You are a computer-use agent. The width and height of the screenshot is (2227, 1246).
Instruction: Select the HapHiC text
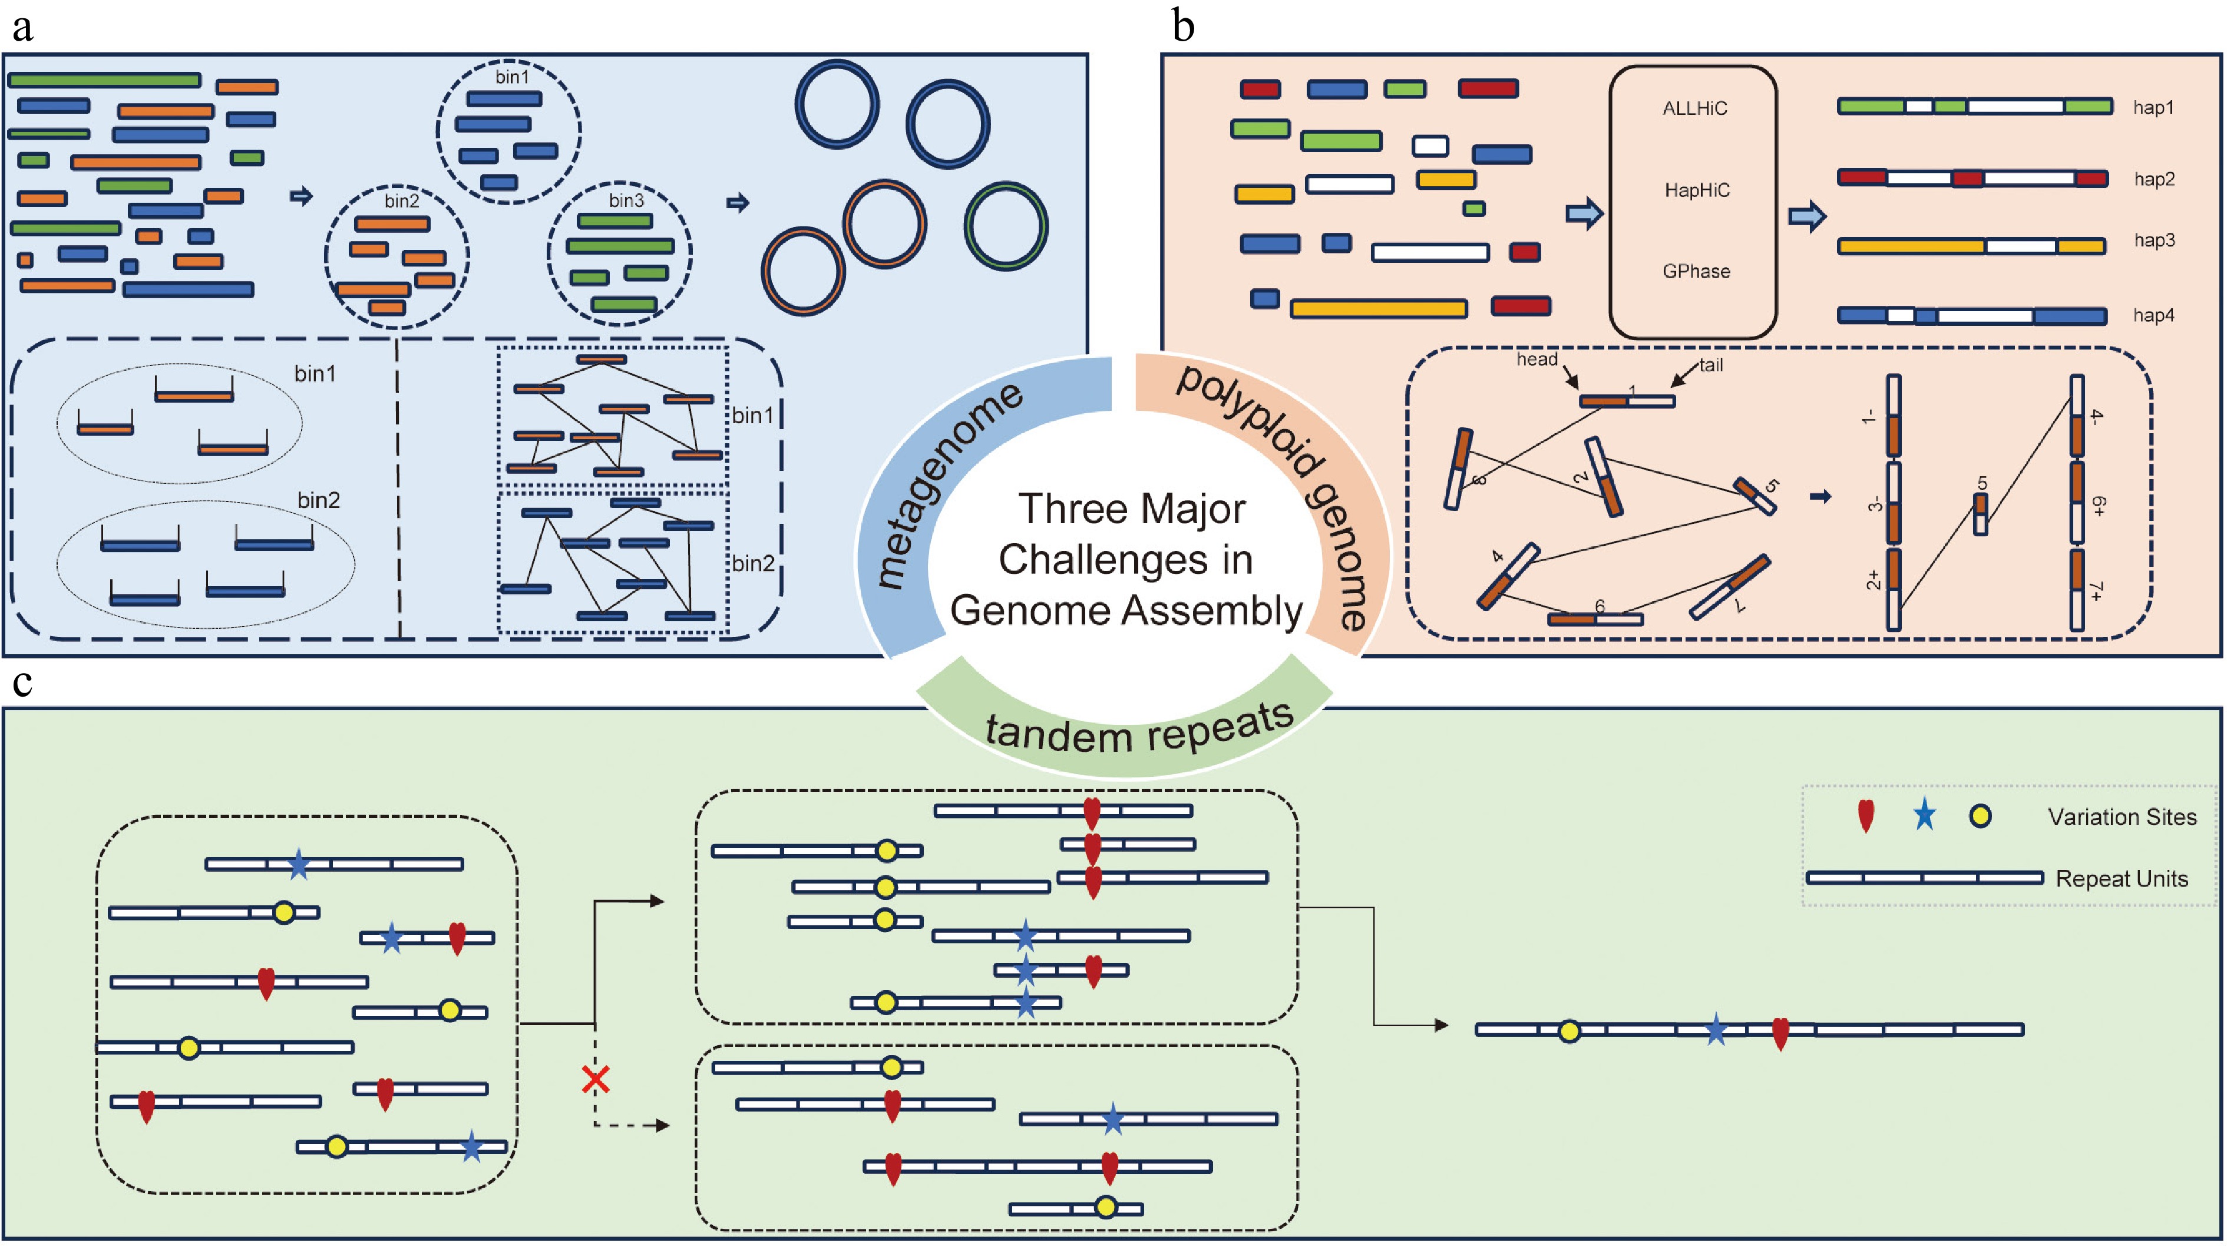coord(1697,190)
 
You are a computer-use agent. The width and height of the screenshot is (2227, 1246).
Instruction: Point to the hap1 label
coord(2153,107)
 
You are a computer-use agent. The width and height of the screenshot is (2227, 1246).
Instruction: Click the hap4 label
coord(2153,315)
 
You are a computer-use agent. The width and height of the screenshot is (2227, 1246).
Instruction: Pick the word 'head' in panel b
coord(1537,359)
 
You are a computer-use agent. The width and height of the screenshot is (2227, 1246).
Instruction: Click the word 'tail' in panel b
coord(1711,365)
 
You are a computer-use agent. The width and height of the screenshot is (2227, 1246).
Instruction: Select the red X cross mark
coord(596,1079)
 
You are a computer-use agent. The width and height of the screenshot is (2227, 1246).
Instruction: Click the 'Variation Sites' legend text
coord(2122,817)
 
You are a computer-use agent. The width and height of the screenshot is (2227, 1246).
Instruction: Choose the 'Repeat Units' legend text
coord(2122,879)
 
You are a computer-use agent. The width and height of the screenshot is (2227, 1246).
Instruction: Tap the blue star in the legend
coord(1924,815)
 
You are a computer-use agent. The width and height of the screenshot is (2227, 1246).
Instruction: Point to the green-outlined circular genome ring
coord(1006,226)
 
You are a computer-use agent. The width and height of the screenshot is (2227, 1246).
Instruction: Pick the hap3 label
coord(2153,240)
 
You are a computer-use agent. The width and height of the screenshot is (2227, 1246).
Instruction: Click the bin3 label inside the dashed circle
coord(626,200)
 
